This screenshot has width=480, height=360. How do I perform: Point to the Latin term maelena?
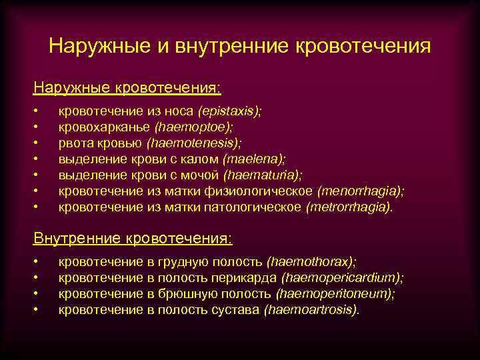[x=255, y=159]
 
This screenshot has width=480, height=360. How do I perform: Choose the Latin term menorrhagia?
[x=361, y=191]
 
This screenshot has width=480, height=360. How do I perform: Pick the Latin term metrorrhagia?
[x=349, y=207]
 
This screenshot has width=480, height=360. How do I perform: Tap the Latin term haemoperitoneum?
[x=335, y=294]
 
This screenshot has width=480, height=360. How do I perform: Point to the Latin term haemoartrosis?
[x=311, y=310]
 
